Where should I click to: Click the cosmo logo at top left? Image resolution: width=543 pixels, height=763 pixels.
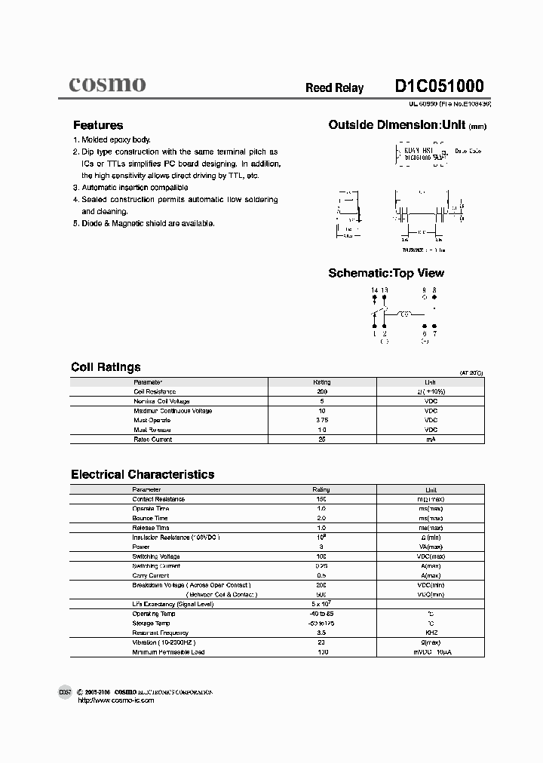click(107, 84)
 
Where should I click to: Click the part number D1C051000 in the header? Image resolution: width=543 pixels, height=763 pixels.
click(439, 86)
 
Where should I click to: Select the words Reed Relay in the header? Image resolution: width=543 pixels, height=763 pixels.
click(334, 88)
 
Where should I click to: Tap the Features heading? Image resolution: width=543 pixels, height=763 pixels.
click(97, 125)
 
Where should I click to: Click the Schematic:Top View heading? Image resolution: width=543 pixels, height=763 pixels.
click(386, 273)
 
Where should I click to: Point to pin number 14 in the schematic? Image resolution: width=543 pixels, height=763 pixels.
click(374, 290)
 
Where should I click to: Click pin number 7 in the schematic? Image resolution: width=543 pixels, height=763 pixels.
click(434, 332)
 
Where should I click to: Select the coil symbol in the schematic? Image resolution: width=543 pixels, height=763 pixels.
click(405, 313)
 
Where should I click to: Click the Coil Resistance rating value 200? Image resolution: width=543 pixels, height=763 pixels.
click(321, 392)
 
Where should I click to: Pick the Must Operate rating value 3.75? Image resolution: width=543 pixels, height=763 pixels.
click(321, 420)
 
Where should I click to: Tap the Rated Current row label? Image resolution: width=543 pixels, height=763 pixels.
click(152, 439)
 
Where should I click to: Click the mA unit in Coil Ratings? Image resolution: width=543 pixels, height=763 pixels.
click(431, 439)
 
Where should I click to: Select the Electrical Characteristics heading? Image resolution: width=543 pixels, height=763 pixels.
click(143, 474)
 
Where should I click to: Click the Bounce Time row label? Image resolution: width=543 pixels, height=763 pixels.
click(149, 518)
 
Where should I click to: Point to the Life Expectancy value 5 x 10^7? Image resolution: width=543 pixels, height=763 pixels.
click(322, 603)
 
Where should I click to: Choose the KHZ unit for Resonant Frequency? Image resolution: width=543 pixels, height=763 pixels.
click(431, 633)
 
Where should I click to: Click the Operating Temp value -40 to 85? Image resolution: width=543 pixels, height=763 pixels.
click(321, 614)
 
